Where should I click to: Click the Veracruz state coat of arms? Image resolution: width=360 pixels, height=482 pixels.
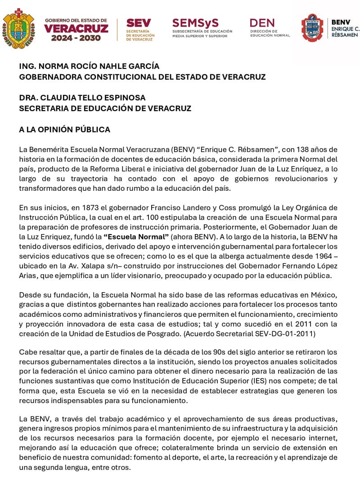(x=18, y=28)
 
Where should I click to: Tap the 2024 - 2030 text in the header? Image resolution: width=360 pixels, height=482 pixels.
(x=76, y=38)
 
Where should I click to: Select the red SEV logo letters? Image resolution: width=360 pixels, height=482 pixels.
(x=138, y=23)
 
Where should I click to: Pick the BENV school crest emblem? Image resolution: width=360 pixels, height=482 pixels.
(x=312, y=28)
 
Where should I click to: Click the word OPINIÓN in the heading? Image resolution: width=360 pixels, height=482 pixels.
(x=62, y=130)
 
